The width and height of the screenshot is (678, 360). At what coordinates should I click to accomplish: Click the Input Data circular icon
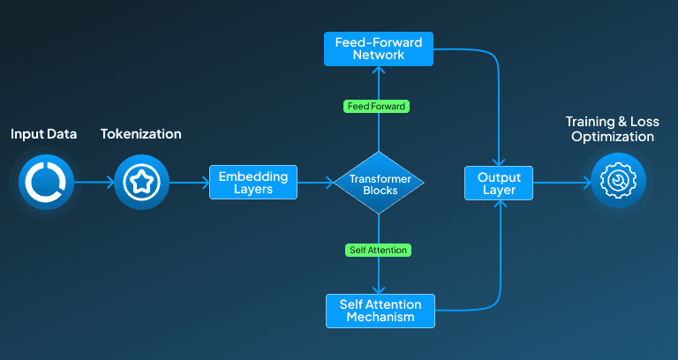pos(46,182)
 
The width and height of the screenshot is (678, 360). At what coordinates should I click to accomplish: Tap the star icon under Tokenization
pos(142,182)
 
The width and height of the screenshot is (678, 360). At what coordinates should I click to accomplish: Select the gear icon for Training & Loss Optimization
pos(618,180)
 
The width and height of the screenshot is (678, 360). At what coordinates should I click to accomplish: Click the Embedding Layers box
pos(253,183)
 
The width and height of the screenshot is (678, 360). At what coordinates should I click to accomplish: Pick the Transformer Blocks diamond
pos(379,183)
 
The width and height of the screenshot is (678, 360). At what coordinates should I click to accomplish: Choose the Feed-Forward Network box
pos(379,49)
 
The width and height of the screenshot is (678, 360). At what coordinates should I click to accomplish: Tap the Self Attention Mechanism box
pos(380,311)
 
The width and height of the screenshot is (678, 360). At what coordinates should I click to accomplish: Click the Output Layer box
pos(499,184)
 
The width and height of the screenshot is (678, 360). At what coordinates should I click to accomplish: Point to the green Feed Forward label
pos(376,106)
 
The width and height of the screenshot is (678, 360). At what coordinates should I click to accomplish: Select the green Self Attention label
pos(379,250)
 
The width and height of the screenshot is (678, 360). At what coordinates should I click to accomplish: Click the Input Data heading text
pos(43,134)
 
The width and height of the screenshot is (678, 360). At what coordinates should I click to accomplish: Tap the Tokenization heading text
pos(141,134)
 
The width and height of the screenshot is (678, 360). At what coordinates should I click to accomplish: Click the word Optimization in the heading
pos(613,137)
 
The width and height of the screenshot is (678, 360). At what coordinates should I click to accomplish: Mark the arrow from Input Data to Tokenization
pos(94,182)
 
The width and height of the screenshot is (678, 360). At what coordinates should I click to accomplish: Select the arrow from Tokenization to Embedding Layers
pos(190,183)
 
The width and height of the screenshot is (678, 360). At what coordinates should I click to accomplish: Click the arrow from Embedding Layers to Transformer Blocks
pos(316,183)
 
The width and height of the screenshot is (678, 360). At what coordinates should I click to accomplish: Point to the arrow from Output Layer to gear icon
pos(562,183)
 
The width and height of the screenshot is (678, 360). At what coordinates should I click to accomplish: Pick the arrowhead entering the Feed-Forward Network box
pos(379,70)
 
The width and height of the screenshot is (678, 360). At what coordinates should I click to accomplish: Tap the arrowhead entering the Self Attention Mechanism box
pos(379,289)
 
